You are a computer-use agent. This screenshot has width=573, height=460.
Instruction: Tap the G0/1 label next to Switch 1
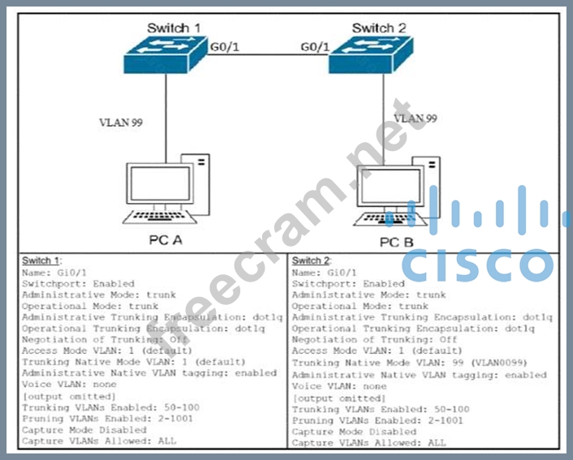point(224,46)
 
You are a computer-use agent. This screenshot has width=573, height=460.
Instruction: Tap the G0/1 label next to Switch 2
point(315,46)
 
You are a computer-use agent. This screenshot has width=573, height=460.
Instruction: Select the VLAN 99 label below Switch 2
point(415,118)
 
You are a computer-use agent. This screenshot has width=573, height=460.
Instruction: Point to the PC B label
point(396,241)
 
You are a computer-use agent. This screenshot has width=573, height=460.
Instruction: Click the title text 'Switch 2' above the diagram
point(378,28)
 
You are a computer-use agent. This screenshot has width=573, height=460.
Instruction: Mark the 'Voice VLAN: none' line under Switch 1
point(66,385)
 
